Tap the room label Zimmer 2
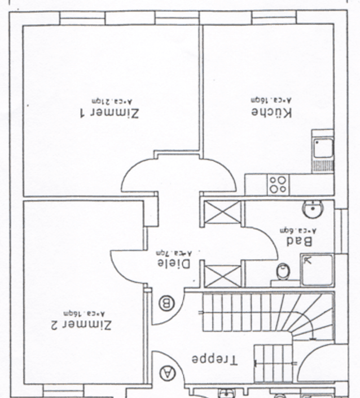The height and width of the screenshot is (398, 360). click(81, 325)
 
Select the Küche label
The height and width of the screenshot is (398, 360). click(272, 112)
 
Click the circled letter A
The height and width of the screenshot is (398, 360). click(167, 372)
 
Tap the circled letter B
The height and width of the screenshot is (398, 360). click(167, 303)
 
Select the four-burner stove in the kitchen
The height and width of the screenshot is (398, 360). click(278, 184)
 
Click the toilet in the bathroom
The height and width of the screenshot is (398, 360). click(283, 271)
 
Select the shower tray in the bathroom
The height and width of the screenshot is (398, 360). click(317, 270)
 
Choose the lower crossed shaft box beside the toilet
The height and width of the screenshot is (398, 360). click(222, 275)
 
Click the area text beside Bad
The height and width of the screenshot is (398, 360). click(298, 230)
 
